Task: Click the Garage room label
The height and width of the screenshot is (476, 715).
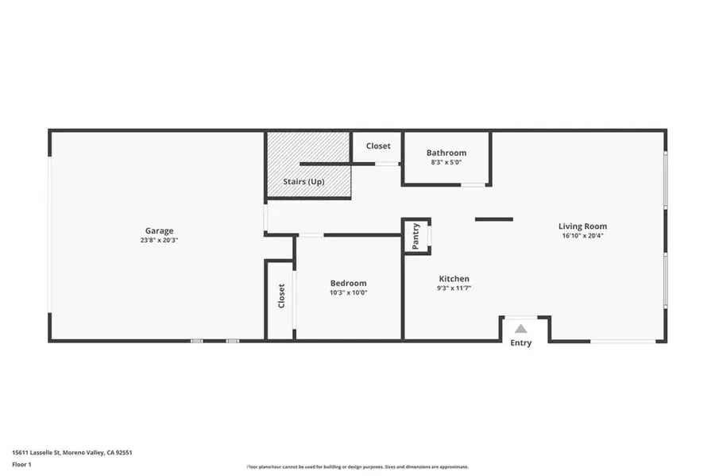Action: pos(159,230)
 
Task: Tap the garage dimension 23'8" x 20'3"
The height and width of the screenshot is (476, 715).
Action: pos(159,240)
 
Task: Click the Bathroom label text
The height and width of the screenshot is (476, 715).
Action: pos(446,153)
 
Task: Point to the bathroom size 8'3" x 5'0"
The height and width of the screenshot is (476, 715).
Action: pos(446,162)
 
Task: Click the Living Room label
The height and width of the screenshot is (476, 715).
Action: pos(582,226)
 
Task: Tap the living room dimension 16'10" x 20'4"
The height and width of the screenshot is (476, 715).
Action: pos(582,235)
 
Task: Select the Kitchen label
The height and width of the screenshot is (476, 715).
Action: pos(454,279)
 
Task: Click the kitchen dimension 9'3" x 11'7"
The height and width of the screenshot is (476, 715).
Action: pos(454,288)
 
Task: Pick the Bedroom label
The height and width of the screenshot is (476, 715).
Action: pos(349,283)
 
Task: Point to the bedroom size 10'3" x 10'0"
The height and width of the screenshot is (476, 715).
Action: pos(349,292)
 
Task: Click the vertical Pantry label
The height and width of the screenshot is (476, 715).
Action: pos(416,235)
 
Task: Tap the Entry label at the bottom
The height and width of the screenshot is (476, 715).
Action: pos(521,342)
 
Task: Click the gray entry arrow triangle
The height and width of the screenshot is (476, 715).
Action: pos(521,328)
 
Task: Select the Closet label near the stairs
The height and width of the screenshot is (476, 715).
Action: pos(378,145)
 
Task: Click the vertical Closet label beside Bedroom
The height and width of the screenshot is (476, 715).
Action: pos(281,296)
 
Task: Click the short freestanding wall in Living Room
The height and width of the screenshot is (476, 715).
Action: pos(494,219)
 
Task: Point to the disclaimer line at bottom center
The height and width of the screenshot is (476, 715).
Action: pos(357,466)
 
